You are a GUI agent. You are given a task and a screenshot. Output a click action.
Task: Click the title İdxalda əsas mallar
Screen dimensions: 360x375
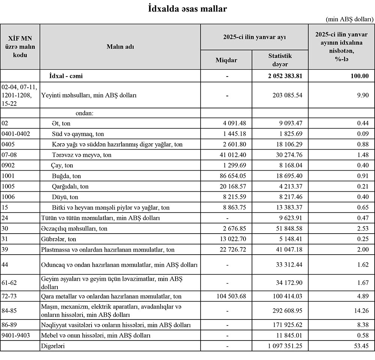click(x=187, y=9)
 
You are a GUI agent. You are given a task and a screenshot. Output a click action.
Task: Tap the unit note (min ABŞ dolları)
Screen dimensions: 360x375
click(x=349, y=19)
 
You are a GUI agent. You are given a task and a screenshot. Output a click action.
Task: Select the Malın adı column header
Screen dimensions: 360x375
click(x=120, y=46)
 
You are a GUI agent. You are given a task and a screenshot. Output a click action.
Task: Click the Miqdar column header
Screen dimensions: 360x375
click(x=226, y=60)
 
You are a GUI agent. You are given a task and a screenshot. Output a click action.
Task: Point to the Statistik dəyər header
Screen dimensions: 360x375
click(x=280, y=60)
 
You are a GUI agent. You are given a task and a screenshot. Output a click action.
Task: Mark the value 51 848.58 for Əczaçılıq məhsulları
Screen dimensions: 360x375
click(x=286, y=228)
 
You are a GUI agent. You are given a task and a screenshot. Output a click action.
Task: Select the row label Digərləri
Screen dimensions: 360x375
click(x=52, y=346)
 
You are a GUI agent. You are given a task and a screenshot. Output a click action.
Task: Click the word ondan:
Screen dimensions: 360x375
click(x=84, y=112)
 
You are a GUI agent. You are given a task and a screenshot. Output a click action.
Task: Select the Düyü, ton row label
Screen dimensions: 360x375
click(x=65, y=196)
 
